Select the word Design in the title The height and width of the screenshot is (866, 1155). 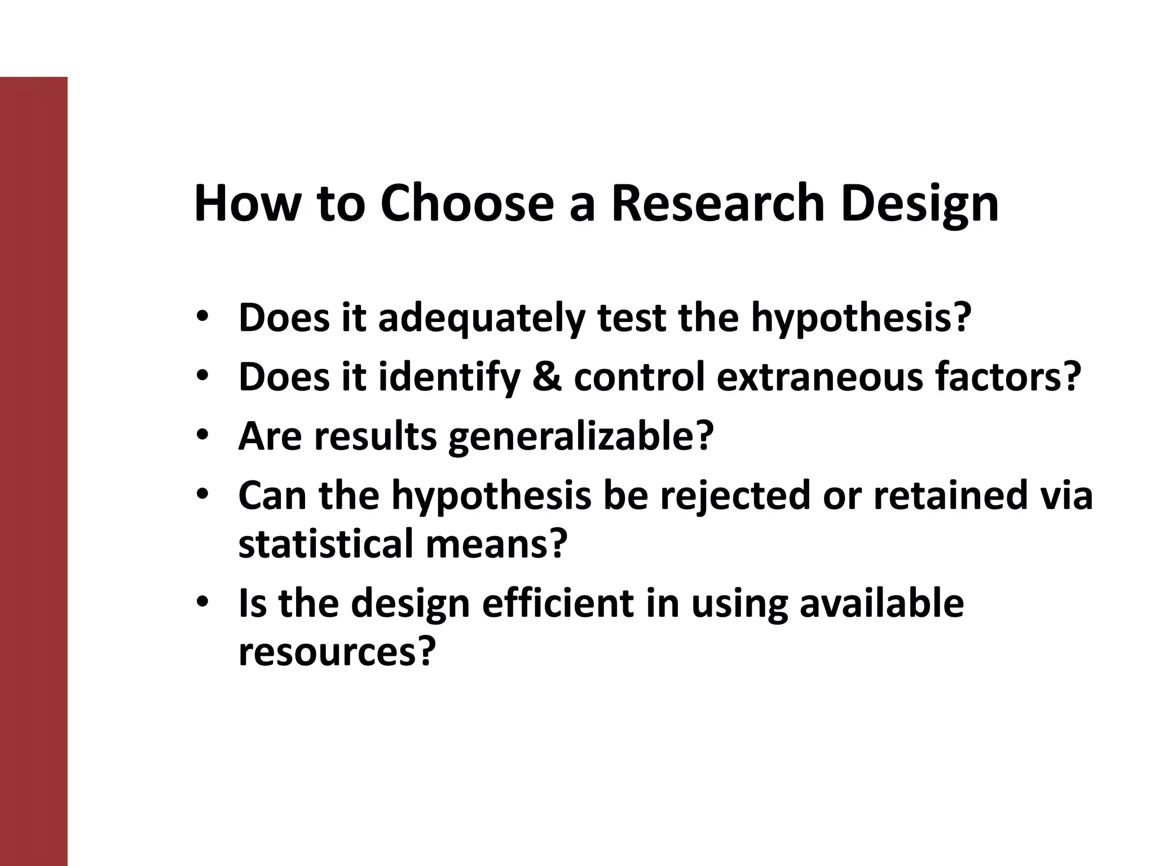(x=920, y=204)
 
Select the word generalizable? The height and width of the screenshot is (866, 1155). (x=581, y=436)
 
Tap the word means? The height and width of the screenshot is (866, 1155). (x=496, y=544)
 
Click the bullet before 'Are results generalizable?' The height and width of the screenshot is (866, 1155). (x=203, y=435)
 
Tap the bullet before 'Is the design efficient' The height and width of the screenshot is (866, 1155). (x=203, y=602)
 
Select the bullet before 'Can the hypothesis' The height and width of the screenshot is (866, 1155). (x=203, y=494)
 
